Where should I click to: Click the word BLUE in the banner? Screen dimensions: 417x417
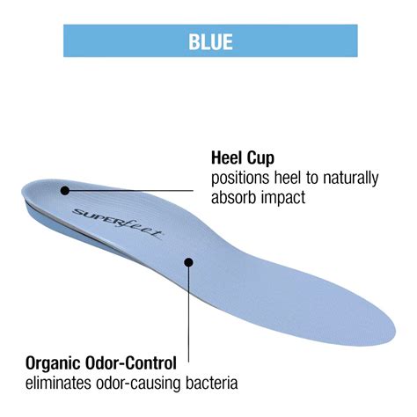(x=210, y=41)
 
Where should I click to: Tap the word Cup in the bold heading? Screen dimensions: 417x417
(x=260, y=158)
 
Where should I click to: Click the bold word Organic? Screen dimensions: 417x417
(x=53, y=363)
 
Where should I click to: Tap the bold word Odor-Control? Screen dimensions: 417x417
(x=131, y=363)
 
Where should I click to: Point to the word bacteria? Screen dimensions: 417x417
(x=211, y=383)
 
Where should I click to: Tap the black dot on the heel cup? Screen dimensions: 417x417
(x=65, y=191)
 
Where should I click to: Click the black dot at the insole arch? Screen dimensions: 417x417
(x=188, y=262)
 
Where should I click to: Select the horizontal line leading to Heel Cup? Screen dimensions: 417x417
(x=129, y=191)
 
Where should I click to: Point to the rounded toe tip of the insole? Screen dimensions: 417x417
(x=395, y=332)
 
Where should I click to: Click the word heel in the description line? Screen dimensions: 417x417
(x=288, y=178)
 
